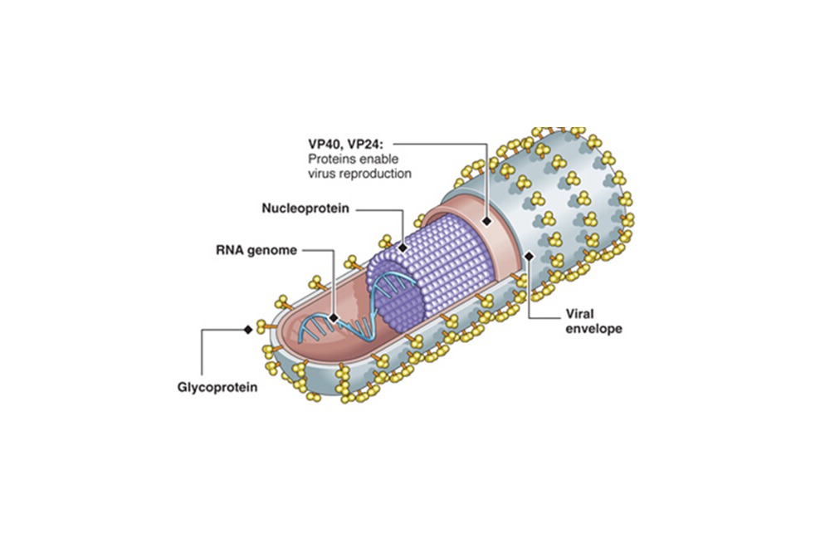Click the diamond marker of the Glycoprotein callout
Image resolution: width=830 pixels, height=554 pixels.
tap(247, 330)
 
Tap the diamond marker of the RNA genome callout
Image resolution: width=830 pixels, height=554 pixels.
tap(332, 317)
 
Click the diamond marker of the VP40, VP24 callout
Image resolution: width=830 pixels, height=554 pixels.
tap(485, 221)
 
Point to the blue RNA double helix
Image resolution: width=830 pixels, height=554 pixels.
tap(365, 307)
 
